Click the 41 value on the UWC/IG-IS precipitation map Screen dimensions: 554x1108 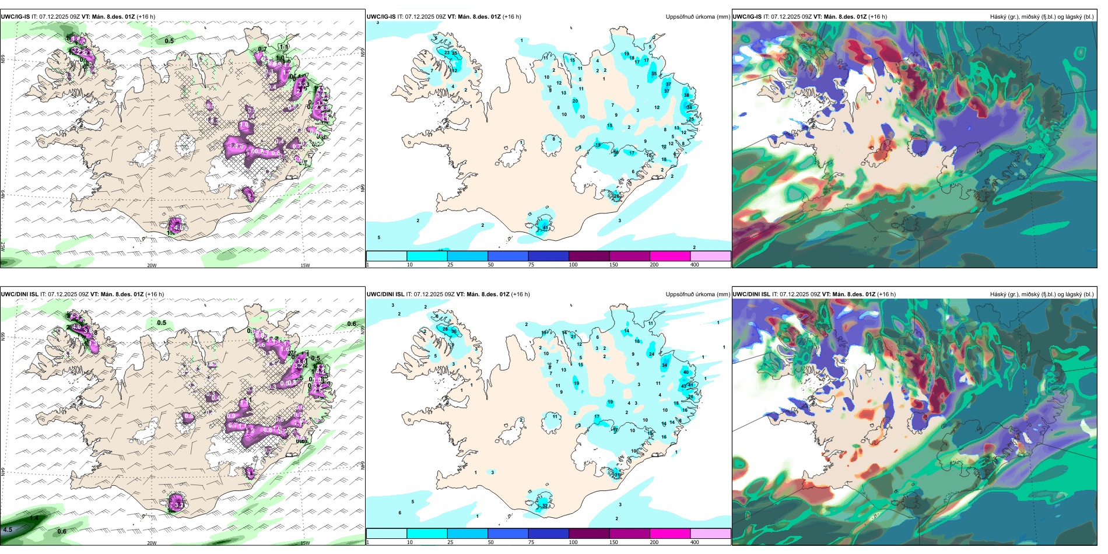tap(545, 228)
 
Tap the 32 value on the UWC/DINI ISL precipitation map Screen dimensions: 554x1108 tap(545, 506)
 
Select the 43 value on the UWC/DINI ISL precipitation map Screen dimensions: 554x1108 tap(683, 386)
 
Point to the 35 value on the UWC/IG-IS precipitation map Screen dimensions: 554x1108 tap(654, 74)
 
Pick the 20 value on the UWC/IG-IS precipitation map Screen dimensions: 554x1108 tap(575, 101)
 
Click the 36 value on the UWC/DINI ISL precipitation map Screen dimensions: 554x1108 tap(454, 331)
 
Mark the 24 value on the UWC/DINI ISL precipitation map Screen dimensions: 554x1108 tap(651, 354)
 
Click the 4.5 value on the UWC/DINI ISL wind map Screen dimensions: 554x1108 tap(7, 530)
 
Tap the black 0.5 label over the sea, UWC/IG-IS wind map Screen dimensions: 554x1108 tap(169, 41)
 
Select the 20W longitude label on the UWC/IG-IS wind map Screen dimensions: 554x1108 tap(152, 265)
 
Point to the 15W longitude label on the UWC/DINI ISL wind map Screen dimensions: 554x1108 tap(305, 543)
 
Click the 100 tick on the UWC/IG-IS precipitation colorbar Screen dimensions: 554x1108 tap(573, 265)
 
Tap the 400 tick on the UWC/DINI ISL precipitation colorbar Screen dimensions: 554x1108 tap(695, 542)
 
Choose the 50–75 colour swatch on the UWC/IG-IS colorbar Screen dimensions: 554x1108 tap(507, 256)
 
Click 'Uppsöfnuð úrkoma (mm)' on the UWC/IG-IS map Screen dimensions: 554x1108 tap(697, 17)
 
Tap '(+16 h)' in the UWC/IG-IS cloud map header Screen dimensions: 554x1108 tap(877, 17)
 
